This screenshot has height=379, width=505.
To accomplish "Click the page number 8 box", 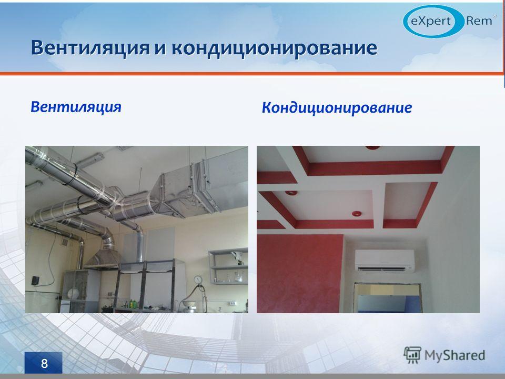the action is coord(44,363).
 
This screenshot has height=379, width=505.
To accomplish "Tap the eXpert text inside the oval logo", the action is coord(431,21).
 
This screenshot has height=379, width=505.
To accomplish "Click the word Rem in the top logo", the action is coord(479,21).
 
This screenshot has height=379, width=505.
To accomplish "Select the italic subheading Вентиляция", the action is coord(76,107).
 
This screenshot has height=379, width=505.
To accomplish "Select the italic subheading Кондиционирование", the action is coord(337,107).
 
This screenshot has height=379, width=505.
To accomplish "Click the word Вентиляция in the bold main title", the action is coord(90,48).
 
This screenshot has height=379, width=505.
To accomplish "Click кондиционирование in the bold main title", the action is coord(274,48).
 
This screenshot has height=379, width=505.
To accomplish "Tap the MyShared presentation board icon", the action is coord(412,355).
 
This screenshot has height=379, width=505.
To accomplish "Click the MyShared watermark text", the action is coord(454,355).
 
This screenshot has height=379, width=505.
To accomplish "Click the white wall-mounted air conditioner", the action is coord(385,261).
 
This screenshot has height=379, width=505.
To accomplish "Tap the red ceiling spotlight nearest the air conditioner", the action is coord(357,213).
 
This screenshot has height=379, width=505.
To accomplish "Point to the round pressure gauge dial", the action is coord(198,279).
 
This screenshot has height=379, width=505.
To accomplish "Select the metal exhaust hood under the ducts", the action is coord(103,259).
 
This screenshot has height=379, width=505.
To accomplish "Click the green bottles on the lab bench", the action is coord(132,304).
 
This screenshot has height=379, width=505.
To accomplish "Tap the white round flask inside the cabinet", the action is coord(73,293).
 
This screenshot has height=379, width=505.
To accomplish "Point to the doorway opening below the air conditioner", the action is coord(388,298).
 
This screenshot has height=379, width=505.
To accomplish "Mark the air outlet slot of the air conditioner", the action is coord(383,268).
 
